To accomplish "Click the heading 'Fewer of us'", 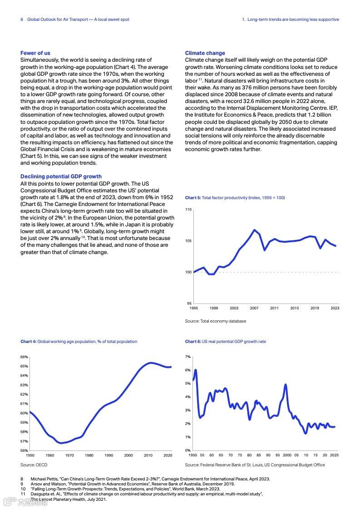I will pos(35,53).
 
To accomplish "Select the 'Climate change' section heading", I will pos(205,53).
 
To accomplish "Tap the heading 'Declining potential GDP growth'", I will pos(61,176).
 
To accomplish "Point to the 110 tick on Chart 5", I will pos(188,210).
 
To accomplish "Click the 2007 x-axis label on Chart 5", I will pos(254,308).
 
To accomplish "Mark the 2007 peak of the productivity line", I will pos(255,230).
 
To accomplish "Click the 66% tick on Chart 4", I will pos(24,357).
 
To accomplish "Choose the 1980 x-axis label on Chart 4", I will pos(89,455).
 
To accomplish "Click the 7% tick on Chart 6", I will pos(188,357).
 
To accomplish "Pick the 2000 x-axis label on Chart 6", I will pos(287,455).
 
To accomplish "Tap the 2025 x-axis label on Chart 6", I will pos(334,455).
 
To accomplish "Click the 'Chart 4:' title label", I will pos(28,342).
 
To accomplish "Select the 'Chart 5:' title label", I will pos(193,198).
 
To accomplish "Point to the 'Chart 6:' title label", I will pos(193,342).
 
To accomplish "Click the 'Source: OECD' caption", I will pos(34,465).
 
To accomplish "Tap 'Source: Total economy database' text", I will pos(216,321).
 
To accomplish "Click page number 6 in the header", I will pos(22,20).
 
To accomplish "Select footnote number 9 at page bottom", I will pos(22,484).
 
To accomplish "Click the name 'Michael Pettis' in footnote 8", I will pos(44,479).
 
